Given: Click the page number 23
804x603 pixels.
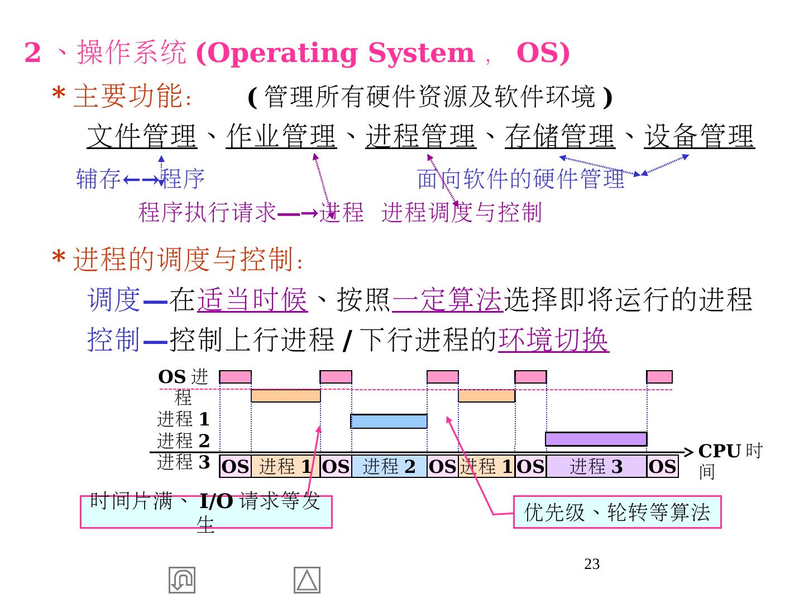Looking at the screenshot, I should pos(592,564).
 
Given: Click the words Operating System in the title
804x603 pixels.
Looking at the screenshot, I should pos(335,54).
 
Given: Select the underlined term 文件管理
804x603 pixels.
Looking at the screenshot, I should pos(142,136).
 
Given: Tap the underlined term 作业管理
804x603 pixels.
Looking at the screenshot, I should pos(281,136).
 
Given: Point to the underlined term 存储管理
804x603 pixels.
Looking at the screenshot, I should pos(560,136).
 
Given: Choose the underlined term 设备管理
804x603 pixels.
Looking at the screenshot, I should pos(700,136).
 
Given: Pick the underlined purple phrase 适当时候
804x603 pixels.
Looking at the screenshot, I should pos(252,299).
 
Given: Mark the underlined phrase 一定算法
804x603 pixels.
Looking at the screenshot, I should pos(448,299).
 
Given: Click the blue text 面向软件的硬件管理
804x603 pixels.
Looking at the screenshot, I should pos(521,179).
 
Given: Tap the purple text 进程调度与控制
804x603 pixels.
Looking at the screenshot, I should pos(462,213).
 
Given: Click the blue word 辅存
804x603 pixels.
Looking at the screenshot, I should pos(98,179).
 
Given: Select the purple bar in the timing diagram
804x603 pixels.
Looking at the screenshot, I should pos(596,439).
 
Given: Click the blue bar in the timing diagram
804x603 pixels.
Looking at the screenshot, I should pos(389,421).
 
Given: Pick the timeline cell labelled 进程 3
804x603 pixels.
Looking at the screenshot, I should pos(596,466).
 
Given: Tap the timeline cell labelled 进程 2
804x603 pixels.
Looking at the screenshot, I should pos(389,466).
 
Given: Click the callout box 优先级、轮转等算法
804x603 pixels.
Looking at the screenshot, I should pos(617,512).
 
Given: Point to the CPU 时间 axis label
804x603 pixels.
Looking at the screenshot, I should pos(729,461).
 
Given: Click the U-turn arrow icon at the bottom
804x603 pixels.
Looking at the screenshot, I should pos(182,580).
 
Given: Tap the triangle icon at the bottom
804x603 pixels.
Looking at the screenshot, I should pos(307,580).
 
